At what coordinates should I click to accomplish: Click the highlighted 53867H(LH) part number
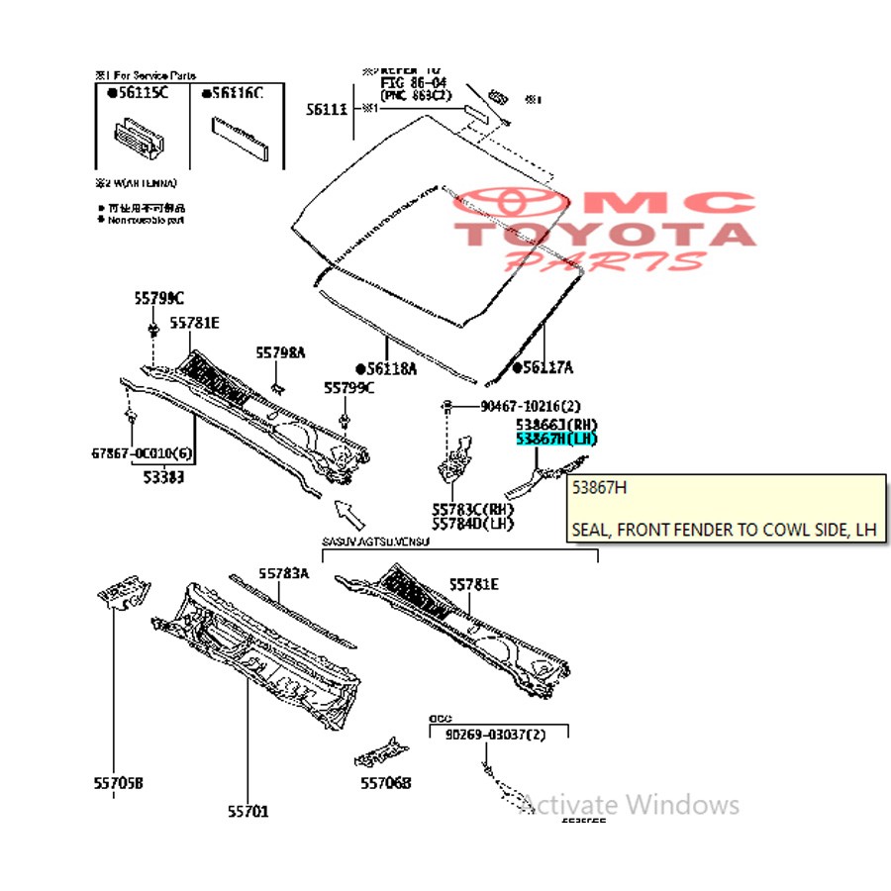pos(556,439)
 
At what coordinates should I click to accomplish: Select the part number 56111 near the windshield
pos(326,109)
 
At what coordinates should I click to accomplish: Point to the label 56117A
pos(546,368)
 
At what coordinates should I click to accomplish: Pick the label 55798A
pos(281,352)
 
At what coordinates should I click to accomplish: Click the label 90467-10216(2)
pos(531,406)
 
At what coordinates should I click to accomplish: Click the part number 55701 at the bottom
pos(247,812)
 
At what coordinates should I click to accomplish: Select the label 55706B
pos(384,783)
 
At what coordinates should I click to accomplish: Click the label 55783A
pos(284,573)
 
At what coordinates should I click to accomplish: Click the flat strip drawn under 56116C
pos(239,138)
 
